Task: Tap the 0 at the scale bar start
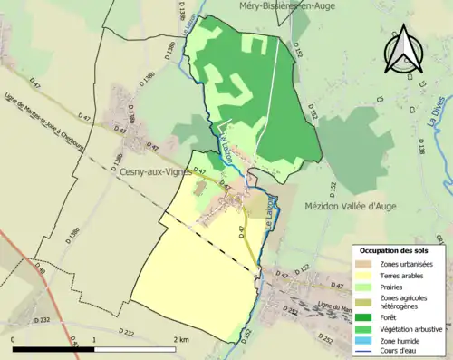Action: tap(14, 339)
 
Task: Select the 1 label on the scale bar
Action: tap(95, 339)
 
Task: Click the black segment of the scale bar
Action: tap(54, 348)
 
